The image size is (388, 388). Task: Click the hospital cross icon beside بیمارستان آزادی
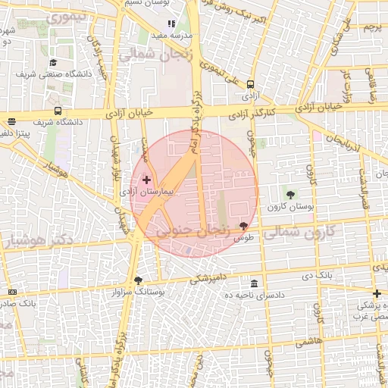(x=146, y=180)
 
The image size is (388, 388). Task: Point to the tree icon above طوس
(x=243, y=226)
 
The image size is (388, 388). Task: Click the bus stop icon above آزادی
(x=250, y=86)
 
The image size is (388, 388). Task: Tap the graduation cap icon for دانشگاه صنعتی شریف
(x=53, y=63)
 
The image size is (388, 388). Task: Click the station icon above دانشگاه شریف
(x=58, y=111)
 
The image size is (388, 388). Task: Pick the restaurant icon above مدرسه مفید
(x=171, y=24)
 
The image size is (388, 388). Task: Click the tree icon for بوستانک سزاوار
(x=138, y=280)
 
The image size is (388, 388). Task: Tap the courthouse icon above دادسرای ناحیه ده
(x=254, y=283)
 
